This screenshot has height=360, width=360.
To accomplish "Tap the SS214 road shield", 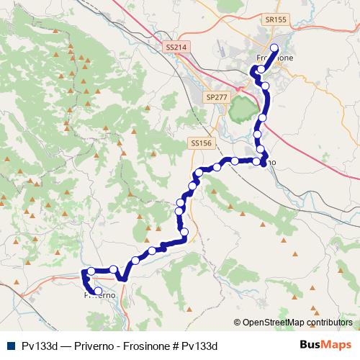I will tap(176, 47).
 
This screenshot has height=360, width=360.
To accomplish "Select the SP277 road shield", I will tap(215, 96).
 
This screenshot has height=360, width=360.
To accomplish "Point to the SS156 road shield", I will tap(202, 143).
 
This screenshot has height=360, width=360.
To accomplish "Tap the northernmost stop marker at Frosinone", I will tap(274, 48).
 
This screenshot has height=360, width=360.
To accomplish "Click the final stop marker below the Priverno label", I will tap(98, 291).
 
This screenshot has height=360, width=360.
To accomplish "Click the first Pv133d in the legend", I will tap(38, 346).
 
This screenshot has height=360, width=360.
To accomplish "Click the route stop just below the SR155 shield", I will tap(274, 48).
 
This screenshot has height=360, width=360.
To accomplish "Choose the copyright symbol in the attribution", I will tap(238, 323).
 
